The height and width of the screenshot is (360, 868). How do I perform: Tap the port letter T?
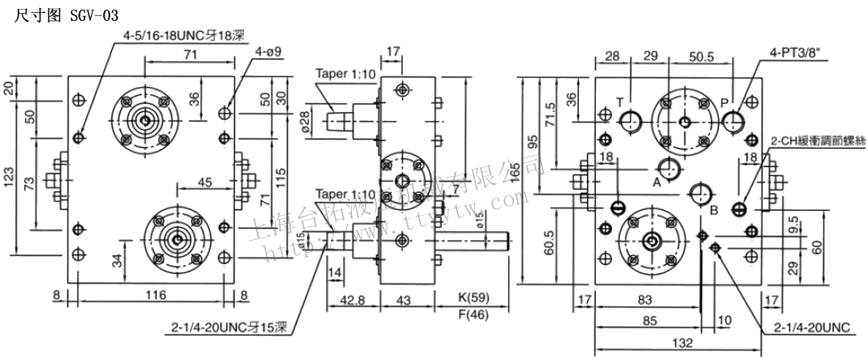pyautogui.click(x=620, y=102)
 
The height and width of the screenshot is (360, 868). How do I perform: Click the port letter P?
pyautogui.click(x=725, y=102)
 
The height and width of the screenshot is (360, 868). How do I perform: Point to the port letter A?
pyautogui.click(x=656, y=182)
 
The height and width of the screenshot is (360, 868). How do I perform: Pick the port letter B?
pyautogui.click(x=713, y=211)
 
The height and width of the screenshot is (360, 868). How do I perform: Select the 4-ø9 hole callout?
pyautogui.click(x=267, y=52)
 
